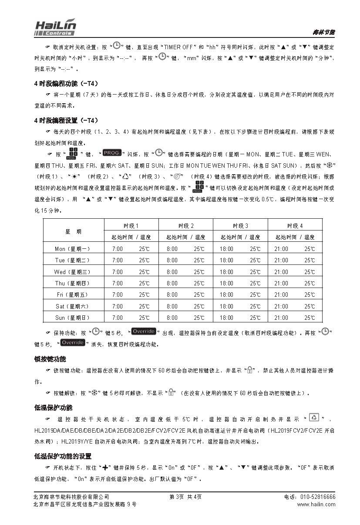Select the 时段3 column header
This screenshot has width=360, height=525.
[240, 226]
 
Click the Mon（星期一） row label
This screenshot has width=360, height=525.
[73, 249]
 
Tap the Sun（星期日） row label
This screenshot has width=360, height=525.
[73, 318]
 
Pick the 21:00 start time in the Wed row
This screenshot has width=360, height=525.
[281, 272]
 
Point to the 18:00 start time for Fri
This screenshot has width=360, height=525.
[226, 295]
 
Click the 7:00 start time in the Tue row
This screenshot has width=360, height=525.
[118, 260]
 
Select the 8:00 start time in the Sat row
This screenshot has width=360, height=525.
[172, 306]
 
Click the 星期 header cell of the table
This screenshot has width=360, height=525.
[73, 231]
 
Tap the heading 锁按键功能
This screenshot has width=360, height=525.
[50, 359]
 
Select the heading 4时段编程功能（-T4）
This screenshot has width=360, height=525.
[66, 83]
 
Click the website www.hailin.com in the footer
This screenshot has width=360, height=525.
[316, 505]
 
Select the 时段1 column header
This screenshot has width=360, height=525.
[131, 226]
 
